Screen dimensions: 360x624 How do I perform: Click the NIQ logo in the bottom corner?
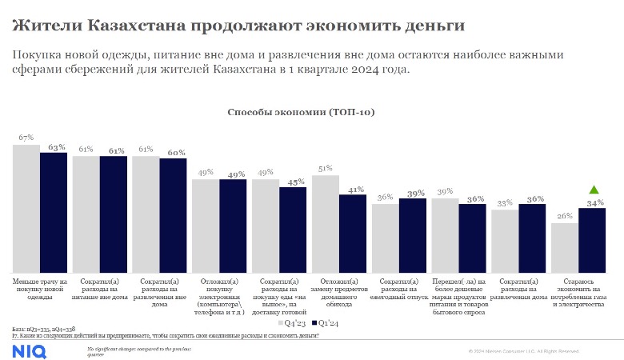(x=29, y=349)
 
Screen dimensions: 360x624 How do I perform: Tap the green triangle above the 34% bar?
(x=593, y=190)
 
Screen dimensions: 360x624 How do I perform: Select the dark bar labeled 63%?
(x=54, y=212)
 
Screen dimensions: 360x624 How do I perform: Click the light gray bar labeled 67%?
(x=26, y=208)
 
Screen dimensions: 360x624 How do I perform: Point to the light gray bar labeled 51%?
(x=325, y=224)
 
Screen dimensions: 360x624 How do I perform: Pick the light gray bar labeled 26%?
(x=564, y=247)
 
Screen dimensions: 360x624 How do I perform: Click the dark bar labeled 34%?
(x=593, y=240)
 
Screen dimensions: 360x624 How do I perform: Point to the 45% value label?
(x=294, y=182)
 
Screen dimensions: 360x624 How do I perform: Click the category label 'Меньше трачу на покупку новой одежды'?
(x=39, y=289)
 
